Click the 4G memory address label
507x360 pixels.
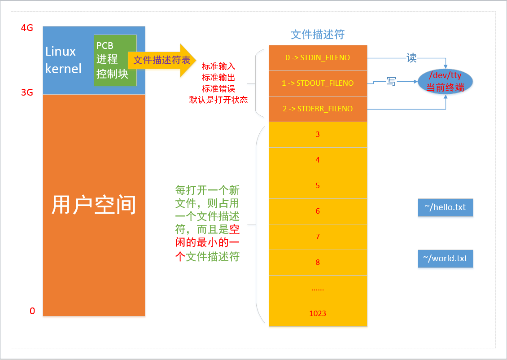pyautogui.click(x=27, y=28)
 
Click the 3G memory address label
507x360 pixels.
pyautogui.click(x=27, y=93)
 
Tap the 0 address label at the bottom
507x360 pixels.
pyautogui.click(x=32, y=311)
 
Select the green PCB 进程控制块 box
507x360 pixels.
pyautogui.click(x=115, y=60)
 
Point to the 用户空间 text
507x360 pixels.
pyautogui.click(x=94, y=205)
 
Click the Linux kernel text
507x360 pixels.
pyautogui.click(x=63, y=60)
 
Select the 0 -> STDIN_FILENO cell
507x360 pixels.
pyautogui.click(x=318, y=57)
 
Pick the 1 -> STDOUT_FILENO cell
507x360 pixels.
pyautogui.click(x=318, y=83)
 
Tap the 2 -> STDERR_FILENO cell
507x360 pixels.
pyautogui.click(x=318, y=109)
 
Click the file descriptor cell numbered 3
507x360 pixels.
pyautogui.click(x=318, y=134)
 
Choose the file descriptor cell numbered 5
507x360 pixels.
pyautogui.click(x=318, y=185)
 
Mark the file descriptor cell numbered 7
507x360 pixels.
pyautogui.click(x=318, y=237)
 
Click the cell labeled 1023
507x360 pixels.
pyautogui.click(x=318, y=313)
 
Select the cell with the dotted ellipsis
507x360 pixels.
pyautogui.click(x=318, y=288)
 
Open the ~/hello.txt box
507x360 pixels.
pyautogui.click(x=445, y=207)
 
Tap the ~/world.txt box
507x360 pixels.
pyautogui.click(x=445, y=259)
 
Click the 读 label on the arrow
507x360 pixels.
pyautogui.click(x=411, y=57)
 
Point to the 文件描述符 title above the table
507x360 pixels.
pyautogui.click(x=318, y=35)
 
